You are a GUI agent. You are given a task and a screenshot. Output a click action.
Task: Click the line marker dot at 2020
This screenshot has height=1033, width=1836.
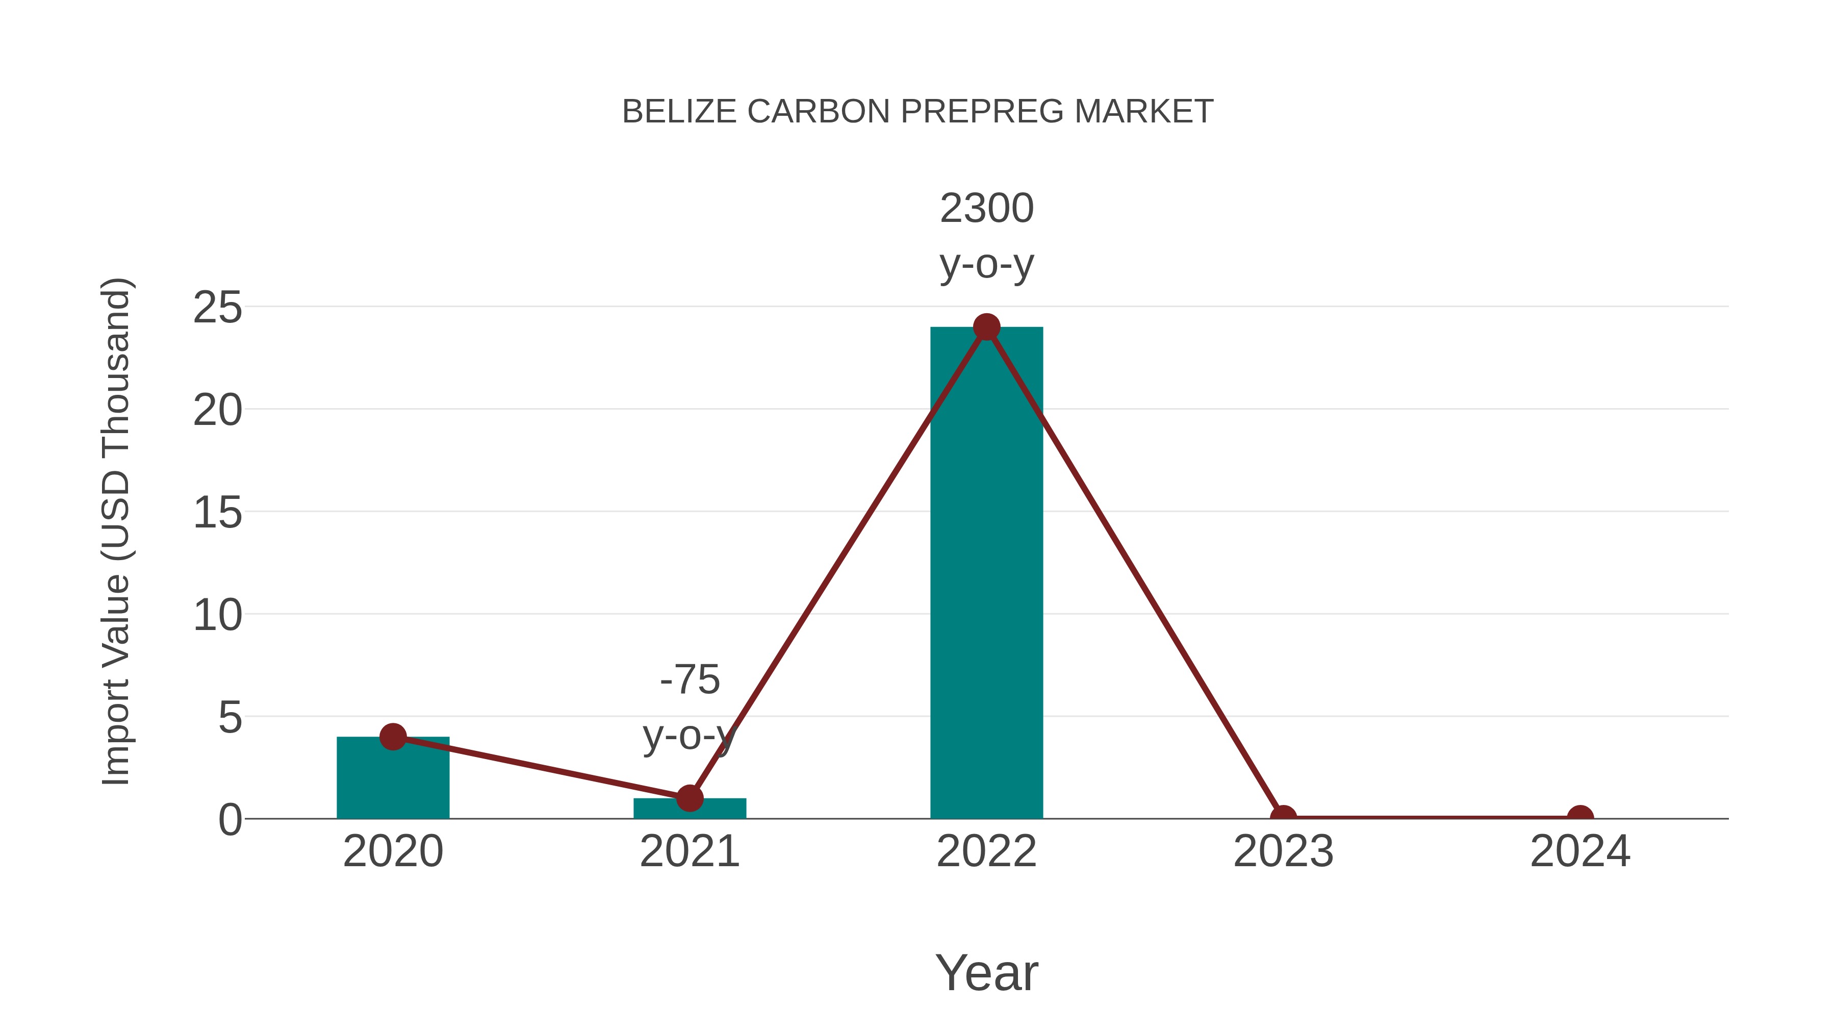[393, 737]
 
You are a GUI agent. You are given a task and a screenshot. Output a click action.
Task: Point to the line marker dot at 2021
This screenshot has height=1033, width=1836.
[689, 798]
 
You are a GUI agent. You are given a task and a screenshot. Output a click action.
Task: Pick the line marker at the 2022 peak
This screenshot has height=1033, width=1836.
[986, 327]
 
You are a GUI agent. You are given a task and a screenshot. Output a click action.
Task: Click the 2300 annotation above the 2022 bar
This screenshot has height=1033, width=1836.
[986, 208]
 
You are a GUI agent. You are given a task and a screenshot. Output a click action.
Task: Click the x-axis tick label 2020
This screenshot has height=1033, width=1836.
[393, 852]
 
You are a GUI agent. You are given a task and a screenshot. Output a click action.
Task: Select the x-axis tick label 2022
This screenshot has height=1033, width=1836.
[986, 852]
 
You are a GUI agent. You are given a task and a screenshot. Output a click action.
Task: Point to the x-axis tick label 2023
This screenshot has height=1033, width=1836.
[1283, 852]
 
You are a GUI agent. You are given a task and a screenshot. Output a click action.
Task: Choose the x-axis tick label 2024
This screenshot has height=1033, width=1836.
[1580, 852]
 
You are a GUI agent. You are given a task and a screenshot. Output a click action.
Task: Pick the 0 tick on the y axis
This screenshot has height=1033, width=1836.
[229, 820]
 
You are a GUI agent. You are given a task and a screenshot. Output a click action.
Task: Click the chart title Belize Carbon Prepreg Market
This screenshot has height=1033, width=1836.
[917, 111]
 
